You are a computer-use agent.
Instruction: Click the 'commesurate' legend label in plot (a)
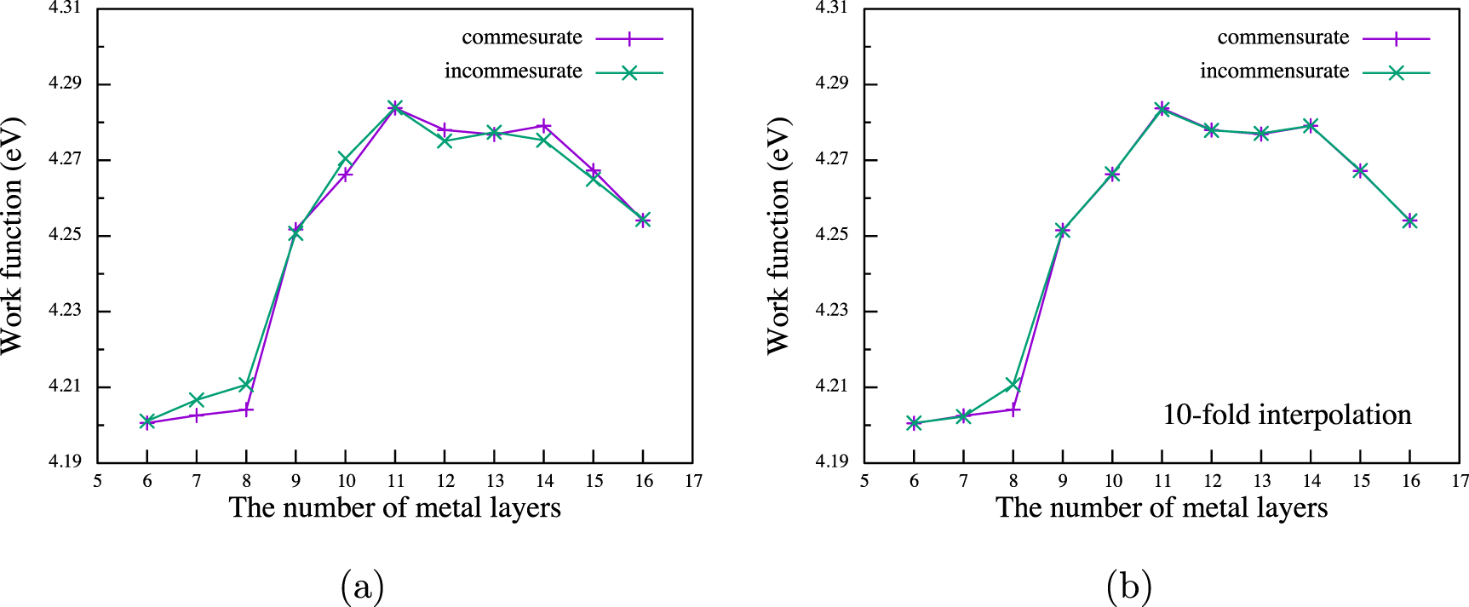tap(521, 37)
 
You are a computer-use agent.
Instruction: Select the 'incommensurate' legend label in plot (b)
tap(1274, 72)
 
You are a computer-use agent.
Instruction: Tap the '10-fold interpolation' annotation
tap(1287, 415)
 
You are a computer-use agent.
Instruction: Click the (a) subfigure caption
tap(362, 587)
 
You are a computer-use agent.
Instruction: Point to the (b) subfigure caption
tap(1128, 587)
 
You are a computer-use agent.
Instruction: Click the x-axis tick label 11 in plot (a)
tap(395, 481)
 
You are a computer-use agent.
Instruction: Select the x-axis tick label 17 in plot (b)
tap(1460, 481)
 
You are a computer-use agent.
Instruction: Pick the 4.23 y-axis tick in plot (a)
tap(65, 311)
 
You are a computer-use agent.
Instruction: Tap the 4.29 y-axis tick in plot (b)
tap(831, 84)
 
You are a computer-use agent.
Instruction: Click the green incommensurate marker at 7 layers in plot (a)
tap(197, 400)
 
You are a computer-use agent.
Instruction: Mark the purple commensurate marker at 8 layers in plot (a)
tap(247, 409)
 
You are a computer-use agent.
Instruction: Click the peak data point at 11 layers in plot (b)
tap(1162, 108)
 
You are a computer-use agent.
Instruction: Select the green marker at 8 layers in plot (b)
tap(1013, 385)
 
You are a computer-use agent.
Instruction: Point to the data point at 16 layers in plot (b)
tap(1410, 220)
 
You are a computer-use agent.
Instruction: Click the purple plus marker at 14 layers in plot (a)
tap(544, 126)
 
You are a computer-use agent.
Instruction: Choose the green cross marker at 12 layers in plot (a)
tap(445, 141)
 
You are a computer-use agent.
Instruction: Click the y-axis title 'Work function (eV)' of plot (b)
tap(778, 236)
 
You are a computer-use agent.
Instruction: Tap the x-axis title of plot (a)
tap(395, 508)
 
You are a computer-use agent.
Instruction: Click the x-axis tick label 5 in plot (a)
tap(98, 481)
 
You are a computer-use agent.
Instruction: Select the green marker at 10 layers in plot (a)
tap(345, 159)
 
